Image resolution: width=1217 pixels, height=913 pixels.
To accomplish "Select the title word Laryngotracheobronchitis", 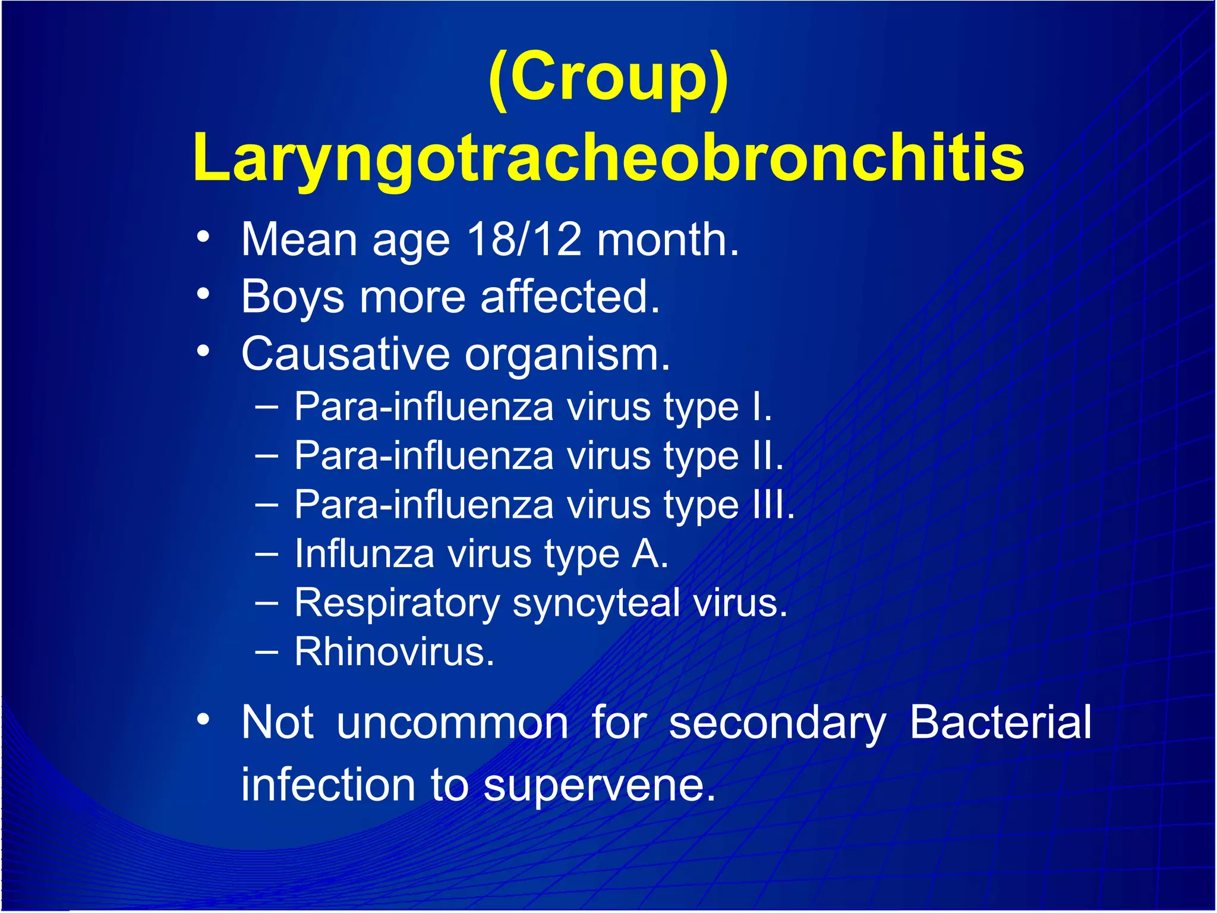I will (x=608, y=158).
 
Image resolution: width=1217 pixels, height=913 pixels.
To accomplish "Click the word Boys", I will (x=292, y=297).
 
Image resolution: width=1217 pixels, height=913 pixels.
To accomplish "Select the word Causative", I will (x=345, y=354).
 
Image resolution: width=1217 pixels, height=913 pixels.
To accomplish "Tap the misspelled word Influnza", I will (x=364, y=554).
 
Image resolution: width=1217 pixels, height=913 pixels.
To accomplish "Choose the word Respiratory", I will (x=397, y=603).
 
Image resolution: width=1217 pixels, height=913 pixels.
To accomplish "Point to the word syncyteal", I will (x=596, y=603).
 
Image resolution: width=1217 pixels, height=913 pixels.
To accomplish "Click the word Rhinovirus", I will (x=394, y=652).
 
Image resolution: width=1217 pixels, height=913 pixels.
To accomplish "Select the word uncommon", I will (x=452, y=723).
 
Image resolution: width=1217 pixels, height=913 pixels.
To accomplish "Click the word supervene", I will (x=598, y=786).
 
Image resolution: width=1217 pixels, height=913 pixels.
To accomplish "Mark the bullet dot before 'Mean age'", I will (x=203, y=237).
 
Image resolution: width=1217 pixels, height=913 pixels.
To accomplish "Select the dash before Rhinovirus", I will (x=267, y=651).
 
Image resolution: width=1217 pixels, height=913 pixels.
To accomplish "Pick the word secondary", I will (x=777, y=723).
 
